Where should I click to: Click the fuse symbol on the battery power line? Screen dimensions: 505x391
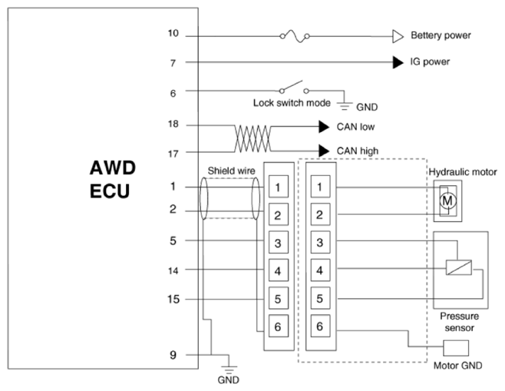point(295,36)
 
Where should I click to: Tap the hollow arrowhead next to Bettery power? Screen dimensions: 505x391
point(398,36)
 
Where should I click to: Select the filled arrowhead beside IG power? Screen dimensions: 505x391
point(398,62)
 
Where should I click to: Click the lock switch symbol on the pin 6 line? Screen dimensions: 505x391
point(294,88)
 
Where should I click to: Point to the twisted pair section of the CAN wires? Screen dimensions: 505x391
point(252,138)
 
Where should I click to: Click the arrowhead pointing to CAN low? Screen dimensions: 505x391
point(324,126)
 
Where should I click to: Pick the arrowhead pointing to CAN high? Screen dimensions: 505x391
point(324,151)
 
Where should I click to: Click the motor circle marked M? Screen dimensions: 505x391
point(447,200)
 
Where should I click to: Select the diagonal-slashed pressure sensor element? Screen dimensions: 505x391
point(459,267)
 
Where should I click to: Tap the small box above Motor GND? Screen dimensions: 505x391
point(456,348)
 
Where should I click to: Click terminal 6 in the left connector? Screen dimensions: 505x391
point(279,326)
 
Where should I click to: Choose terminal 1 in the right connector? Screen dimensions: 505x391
point(320,187)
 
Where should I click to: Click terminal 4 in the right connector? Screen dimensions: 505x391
point(320,270)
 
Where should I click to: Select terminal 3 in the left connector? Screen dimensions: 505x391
point(279,243)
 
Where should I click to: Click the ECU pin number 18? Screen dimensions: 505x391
point(173,124)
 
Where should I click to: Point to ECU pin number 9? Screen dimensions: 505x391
point(173,355)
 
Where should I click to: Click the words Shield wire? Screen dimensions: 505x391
point(231,171)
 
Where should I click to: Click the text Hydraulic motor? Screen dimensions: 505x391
point(463,172)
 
